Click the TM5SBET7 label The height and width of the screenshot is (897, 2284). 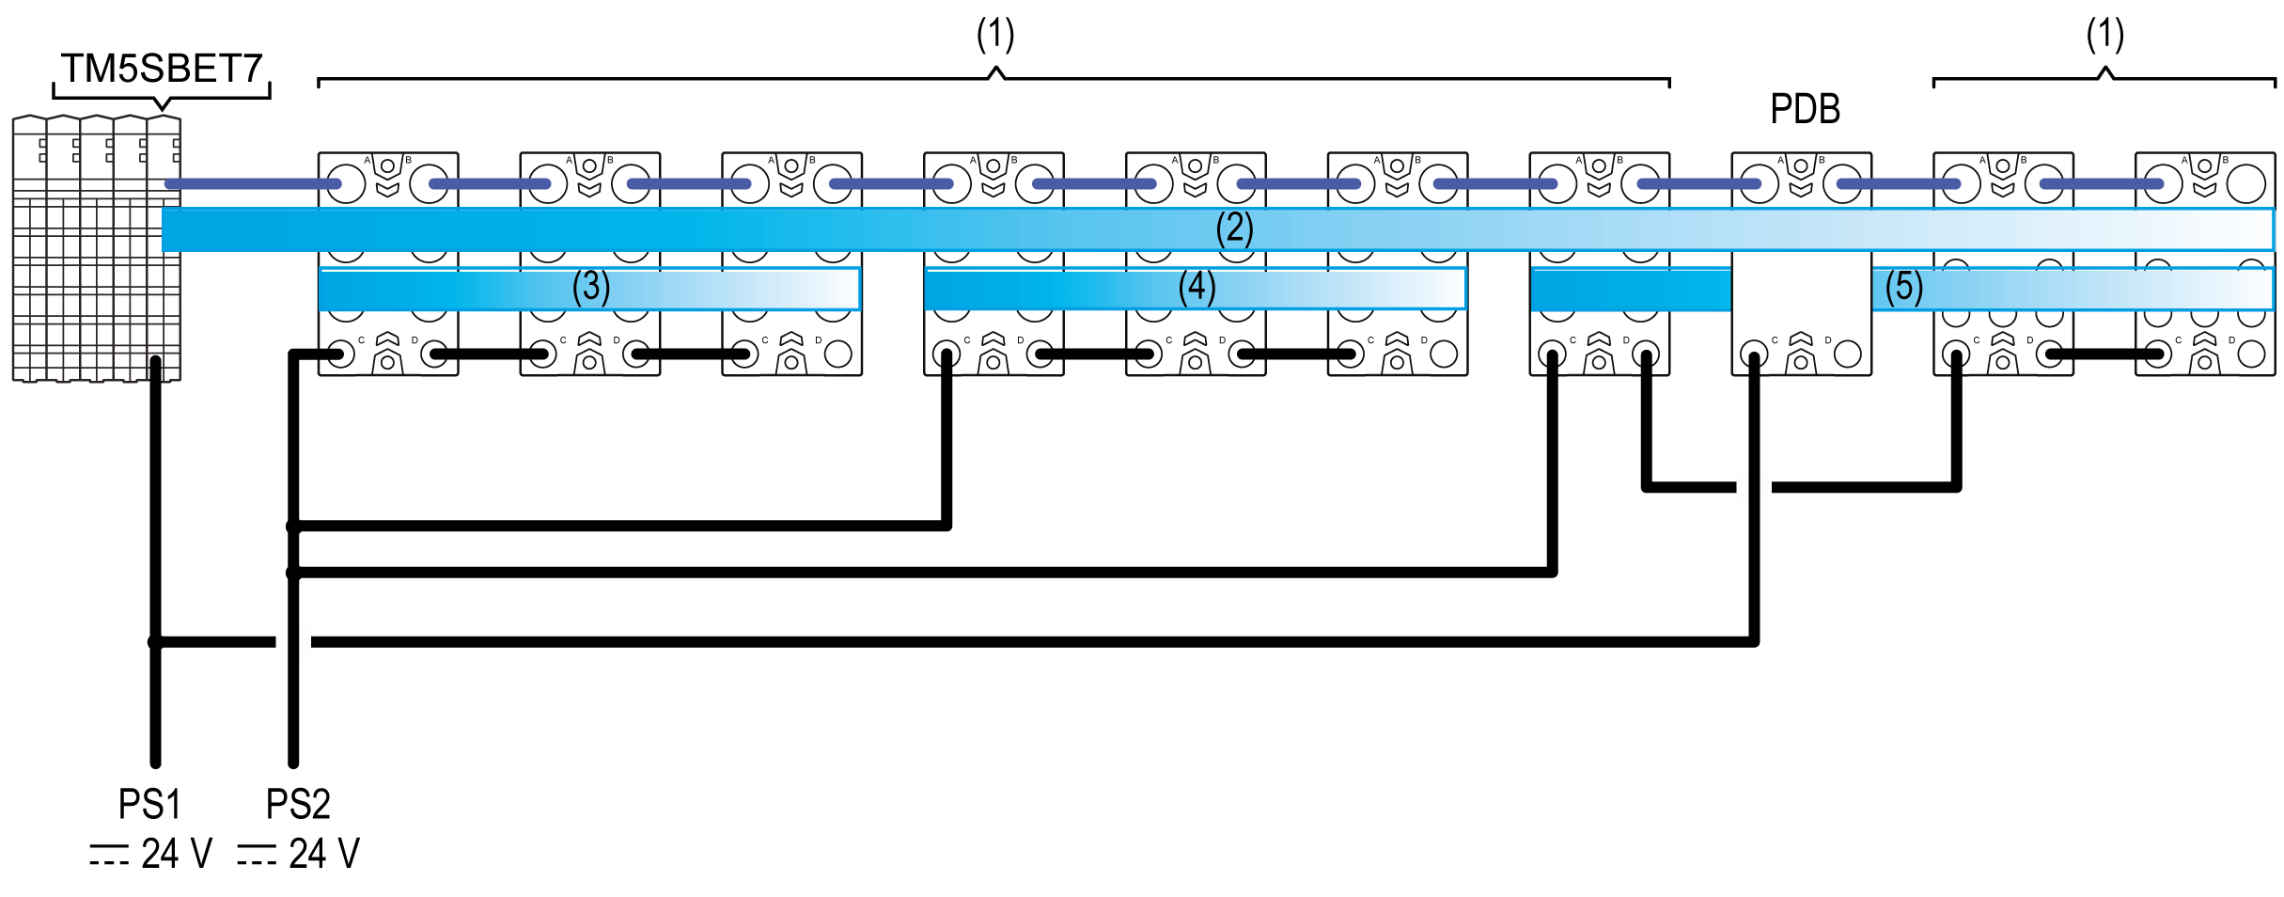pyautogui.click(x=161, y=69)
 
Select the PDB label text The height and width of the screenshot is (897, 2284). pyautogui.click(x=1805, y=109)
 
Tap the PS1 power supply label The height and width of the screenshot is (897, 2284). pyautogui.click(x=149, y=805)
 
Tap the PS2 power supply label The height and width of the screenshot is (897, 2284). pyautogui.click(x=298, y=805)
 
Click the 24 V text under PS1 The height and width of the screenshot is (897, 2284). pyautogui.click(x=176, y=855)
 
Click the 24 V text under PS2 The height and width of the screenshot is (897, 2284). pyautogui.click(x=323, y=855)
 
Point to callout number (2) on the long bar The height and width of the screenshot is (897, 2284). pyautogui.click(x=1234, y=228)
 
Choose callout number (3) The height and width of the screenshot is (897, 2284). pyautogui.click(x=591, y=287)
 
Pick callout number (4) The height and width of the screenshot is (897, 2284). pyautogui.click(x=1197, y=287)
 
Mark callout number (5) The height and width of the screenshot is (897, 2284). pyautogui.click(x=1904, y=287)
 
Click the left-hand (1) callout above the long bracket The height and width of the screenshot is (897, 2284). pyautogui.click(x=995, y=35)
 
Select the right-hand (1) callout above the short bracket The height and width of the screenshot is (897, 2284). pyautogui.click(x=2105, y=35)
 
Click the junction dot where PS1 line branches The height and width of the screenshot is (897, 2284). pyautogui.click(x=155, y=642)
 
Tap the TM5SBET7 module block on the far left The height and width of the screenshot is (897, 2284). pyautogui.click(x=97, y=249)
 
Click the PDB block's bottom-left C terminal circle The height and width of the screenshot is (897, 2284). pyautogui.click(x=1754, y=354)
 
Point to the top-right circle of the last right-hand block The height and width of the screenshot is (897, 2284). pyautogui.click(x=2245, y=183)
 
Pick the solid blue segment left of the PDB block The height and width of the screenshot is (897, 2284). pyautogui.click(x=1631, y=290)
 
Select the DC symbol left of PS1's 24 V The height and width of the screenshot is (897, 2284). pyautogui.click(x=109, y=855)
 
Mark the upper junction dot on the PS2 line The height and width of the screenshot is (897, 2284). pyautogui.click(x=293, y=527)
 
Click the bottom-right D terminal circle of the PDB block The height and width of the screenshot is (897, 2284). pyautogui.click(x=1847, y=354)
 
